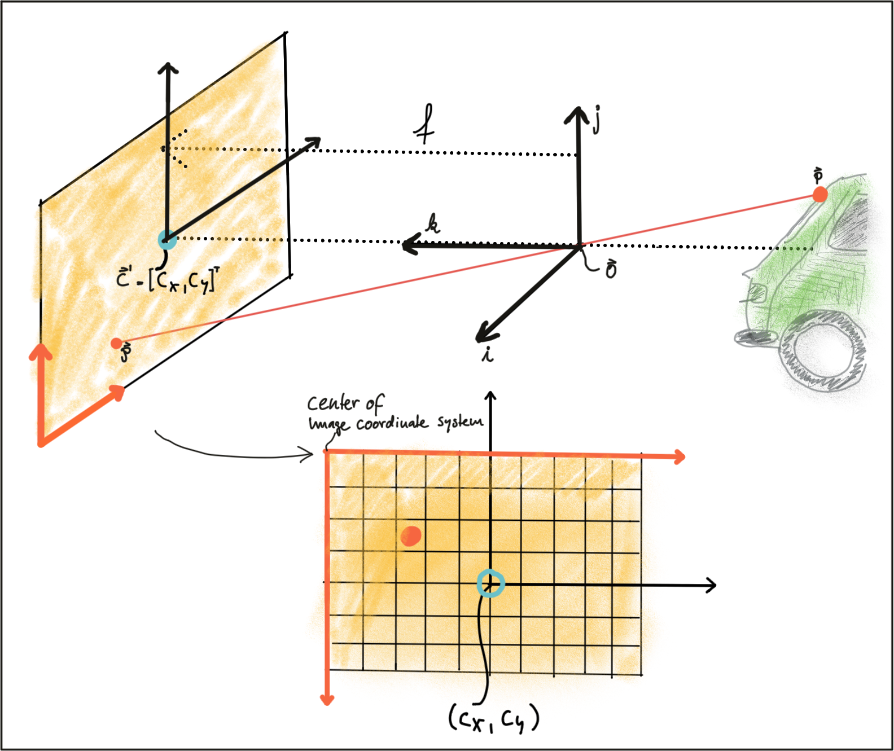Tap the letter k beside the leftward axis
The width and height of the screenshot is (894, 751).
click(x=432, y=223)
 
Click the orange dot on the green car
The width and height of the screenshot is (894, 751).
click(x=820, y=195)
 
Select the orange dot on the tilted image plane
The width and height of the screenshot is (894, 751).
click(x=116, y=343)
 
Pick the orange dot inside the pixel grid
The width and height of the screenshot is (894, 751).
click(x=411, y=535)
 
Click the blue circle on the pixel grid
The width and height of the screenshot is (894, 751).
click(x=490, y=583)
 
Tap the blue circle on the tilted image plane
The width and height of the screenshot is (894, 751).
click(x=167, y=240)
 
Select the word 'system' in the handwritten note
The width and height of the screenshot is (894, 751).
click(x=460, y=421)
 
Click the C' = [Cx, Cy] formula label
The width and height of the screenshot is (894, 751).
click(x=167, y=279)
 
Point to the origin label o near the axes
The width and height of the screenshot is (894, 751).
click(x=611, y=270)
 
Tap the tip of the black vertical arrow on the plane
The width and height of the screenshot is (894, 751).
click(x=168, y=69)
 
